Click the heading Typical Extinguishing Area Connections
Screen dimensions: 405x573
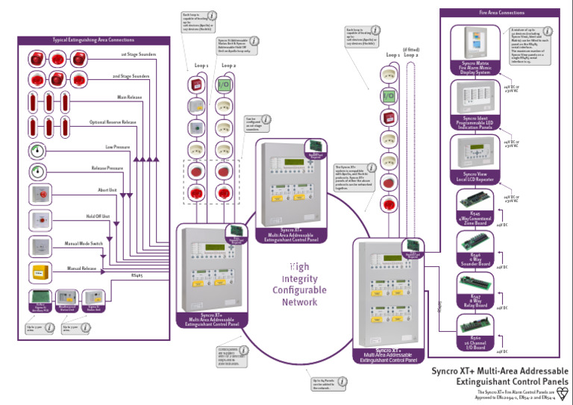(x=93, y=40)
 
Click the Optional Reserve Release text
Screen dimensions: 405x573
(x=113, y=122)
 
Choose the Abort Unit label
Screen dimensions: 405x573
(x=107, y=190)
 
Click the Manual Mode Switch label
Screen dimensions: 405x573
(x=83, y=243)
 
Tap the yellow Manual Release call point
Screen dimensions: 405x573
(x=39, y=271)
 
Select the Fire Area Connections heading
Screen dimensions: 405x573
(x=501, y=13)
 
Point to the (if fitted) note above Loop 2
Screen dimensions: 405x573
(x=411, y=48)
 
